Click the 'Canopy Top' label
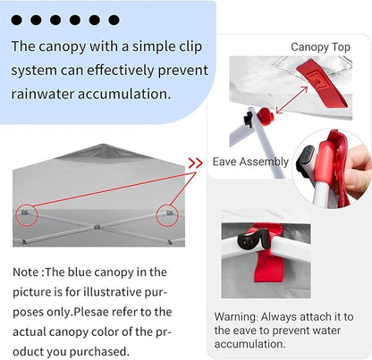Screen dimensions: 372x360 click(320, 47)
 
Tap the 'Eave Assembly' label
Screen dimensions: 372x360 click(250, 162)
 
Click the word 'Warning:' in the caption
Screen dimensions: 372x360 click(236, 316)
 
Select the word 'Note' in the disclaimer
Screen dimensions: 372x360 click(26, 272)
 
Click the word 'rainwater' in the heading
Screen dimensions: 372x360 click(42, 94)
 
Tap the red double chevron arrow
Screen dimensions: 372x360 click(195, 163)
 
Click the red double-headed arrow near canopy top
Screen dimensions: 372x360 click(292, 100)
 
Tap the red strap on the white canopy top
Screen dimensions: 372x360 click(322, 83)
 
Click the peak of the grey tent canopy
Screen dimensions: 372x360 click(103, 145)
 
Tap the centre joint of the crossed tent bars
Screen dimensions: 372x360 click(97, 227)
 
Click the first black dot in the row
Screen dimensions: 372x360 click(16, 20)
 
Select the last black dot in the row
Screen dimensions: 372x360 click(114, 20)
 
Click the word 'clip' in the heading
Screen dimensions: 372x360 click(190, 47)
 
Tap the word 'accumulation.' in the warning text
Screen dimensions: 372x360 click(249, 344)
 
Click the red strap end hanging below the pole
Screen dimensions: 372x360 click(269, 268)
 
